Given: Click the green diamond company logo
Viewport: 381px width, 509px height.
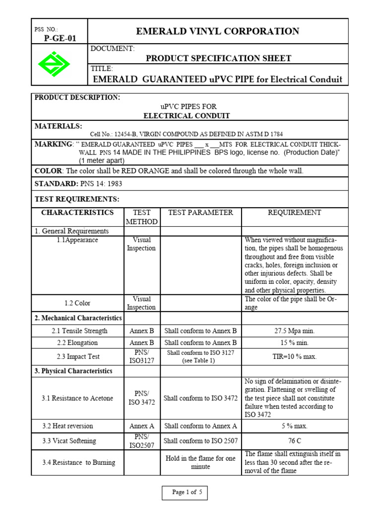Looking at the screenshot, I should [54, 64].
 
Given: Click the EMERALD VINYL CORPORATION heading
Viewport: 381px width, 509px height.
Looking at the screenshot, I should [218, 31].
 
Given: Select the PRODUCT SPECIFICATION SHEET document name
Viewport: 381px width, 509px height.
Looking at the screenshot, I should [218, 58].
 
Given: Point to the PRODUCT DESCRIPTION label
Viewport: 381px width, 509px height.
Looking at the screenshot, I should [77, 97].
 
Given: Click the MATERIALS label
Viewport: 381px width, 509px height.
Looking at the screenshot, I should [58, 126].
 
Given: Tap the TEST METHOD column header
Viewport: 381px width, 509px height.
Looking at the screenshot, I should [141, 217].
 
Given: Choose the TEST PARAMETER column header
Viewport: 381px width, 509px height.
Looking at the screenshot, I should [200, 212].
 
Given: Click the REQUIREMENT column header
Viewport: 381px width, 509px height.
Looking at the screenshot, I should [294, 212].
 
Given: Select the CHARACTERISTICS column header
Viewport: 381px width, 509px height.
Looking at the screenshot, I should [77, 212].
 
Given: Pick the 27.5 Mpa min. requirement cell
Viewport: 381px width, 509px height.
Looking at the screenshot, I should [295, 331].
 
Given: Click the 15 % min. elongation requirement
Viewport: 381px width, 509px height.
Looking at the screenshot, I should [295, 342].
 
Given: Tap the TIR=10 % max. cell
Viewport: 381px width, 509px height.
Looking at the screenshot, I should [295, 356].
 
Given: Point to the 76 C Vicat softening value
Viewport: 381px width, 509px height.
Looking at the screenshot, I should [295, 440].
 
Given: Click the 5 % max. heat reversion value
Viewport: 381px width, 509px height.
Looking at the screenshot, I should [295, 426].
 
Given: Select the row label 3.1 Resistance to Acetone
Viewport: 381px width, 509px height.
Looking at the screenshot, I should [78, 398].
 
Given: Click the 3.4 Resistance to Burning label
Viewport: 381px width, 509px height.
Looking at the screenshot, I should [78, 462].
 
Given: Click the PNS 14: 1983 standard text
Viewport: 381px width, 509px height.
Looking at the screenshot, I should [101, 184].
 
